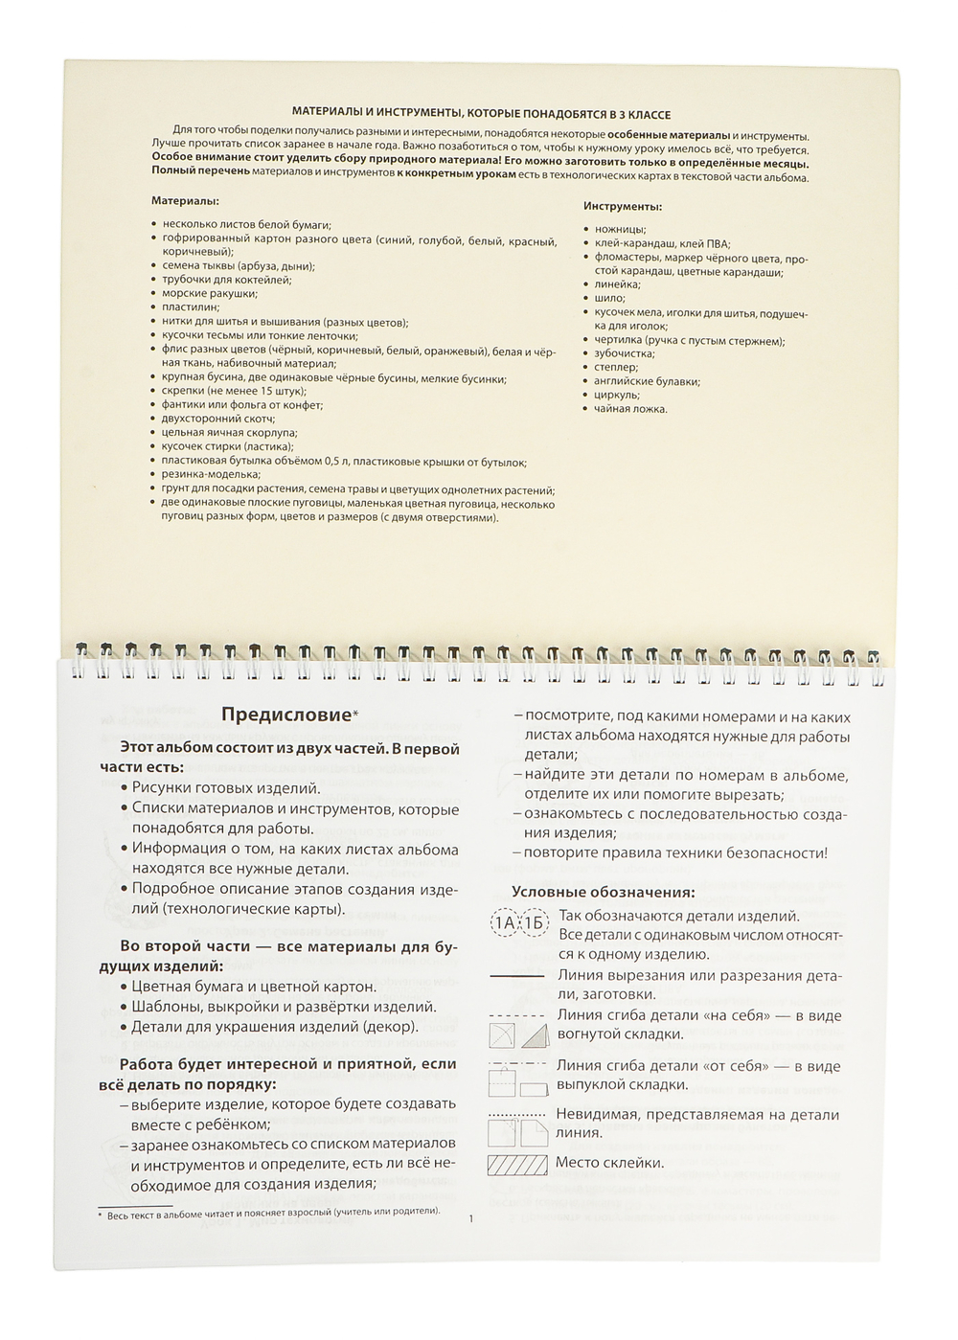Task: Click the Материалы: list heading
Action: [x=185, y=201]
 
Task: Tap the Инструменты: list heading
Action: [x=623, y=206]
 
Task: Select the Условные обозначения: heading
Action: [x=604, y=892]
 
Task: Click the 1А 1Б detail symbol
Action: [x=519, y=923]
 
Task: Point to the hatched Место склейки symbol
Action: [x=517, y=1166]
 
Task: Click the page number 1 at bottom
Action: [x=471, y=1218]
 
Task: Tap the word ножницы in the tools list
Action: [x=620, y=230]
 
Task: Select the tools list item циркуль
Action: [x=617, y=395]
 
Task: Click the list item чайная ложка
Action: [x=630, y=409]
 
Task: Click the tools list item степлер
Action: [x=616, y=367]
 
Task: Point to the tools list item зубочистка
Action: [x=623, y=353]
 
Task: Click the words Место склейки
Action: [x=609, y=1163]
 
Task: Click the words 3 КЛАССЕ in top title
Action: [x=643, y=114]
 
